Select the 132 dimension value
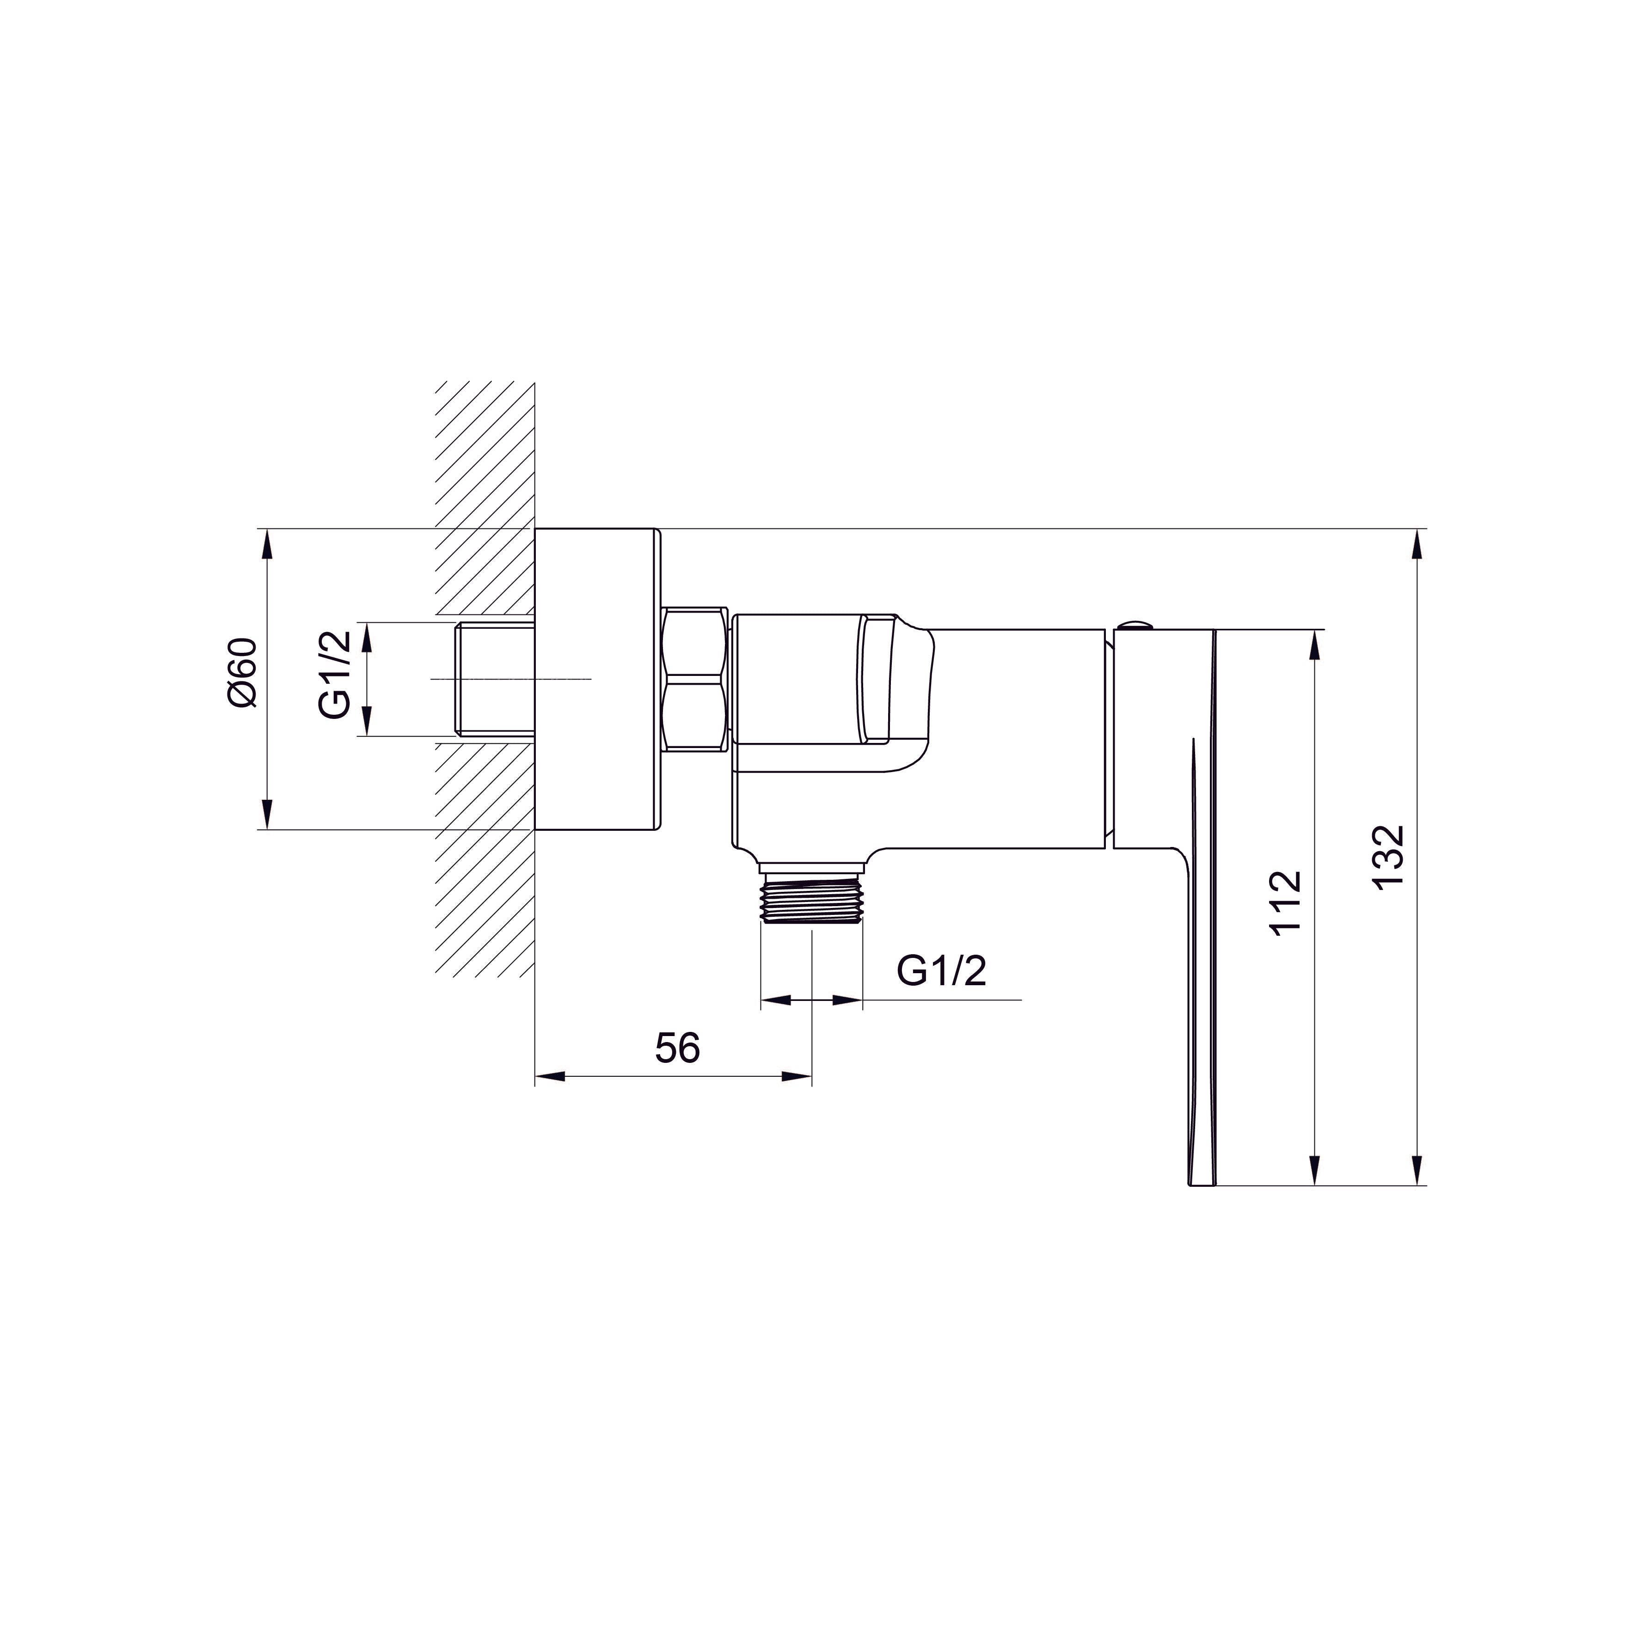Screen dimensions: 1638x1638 pyautogui.click(x=1389, y=856)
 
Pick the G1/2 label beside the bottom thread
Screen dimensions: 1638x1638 pyautogui.click(x=942, y=972)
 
